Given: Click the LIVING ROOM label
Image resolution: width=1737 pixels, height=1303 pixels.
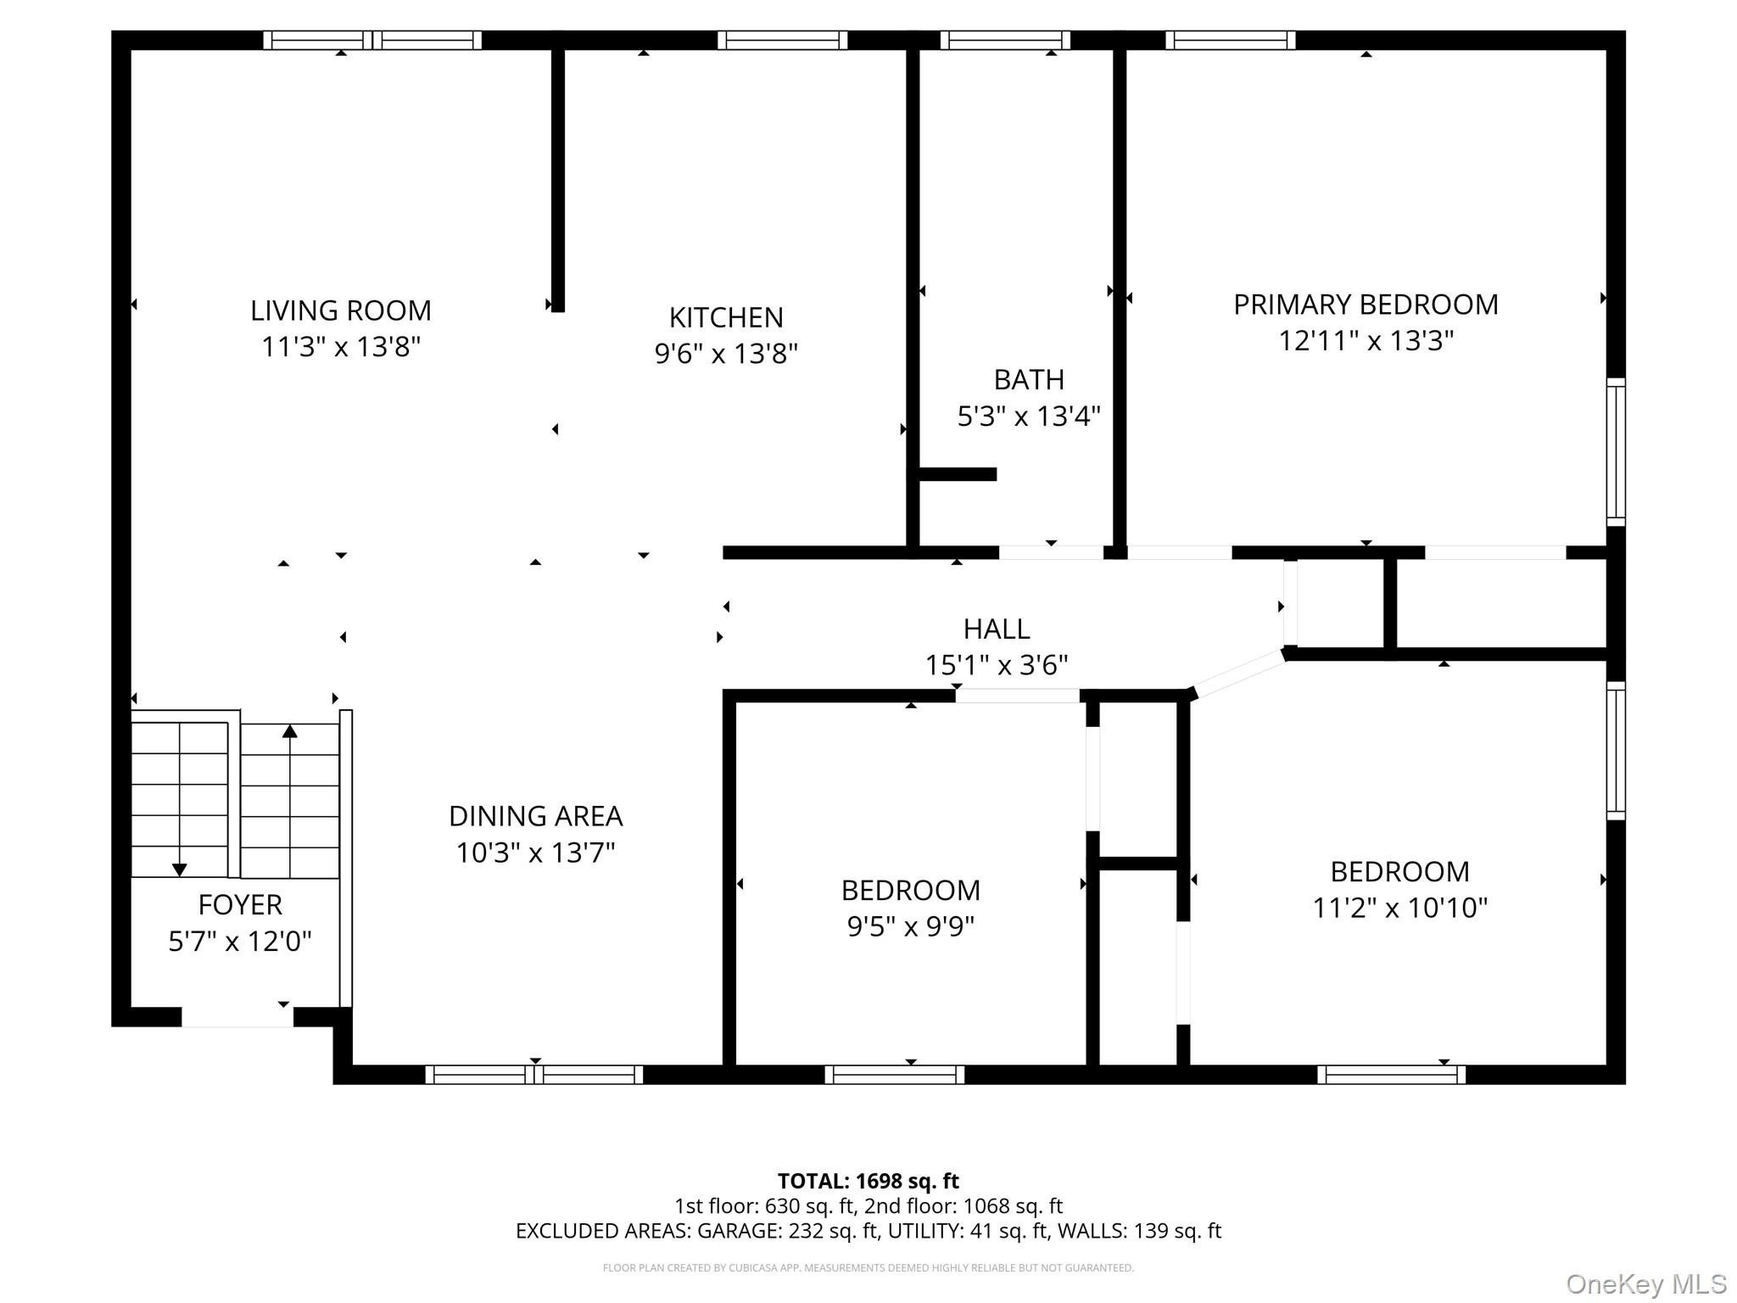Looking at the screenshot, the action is tap(341, 310).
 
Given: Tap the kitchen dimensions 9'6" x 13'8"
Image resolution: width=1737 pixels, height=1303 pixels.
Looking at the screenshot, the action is tap(726, 353).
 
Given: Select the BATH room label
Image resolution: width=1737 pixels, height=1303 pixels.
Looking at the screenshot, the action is tap(1029, 379).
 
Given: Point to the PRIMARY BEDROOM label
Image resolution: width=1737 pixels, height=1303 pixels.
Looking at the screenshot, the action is tap(1366, 305).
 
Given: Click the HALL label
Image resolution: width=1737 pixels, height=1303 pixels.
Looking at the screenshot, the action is tap(997, 629).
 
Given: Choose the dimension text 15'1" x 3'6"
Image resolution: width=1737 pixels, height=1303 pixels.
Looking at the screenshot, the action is tap(997, 665).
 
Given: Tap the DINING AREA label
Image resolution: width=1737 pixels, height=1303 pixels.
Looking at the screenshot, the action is tap(535, 816).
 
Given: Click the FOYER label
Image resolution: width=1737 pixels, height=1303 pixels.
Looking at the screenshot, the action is tap(240, 905).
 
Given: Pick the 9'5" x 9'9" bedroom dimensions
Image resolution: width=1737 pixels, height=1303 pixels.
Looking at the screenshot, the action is tap(911, 926).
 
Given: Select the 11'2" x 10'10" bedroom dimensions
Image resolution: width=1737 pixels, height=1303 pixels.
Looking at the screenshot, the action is tap(1400, 908).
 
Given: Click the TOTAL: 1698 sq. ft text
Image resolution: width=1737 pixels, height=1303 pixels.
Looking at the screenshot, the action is tap(868, 1181).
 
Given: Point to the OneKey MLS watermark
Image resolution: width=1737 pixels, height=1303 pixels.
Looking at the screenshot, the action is tap(1646, 1284).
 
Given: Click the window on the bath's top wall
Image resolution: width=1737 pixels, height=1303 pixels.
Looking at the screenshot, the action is tap(1005, 40).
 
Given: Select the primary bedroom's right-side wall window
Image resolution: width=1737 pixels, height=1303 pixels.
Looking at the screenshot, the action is tap(1617, 451).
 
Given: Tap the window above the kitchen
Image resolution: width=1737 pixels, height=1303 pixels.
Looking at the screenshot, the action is tap(782, 40).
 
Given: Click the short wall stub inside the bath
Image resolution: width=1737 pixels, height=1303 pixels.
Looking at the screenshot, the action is tap(958, 474).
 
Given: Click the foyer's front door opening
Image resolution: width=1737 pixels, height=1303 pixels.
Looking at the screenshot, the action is tap(237, 1017).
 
